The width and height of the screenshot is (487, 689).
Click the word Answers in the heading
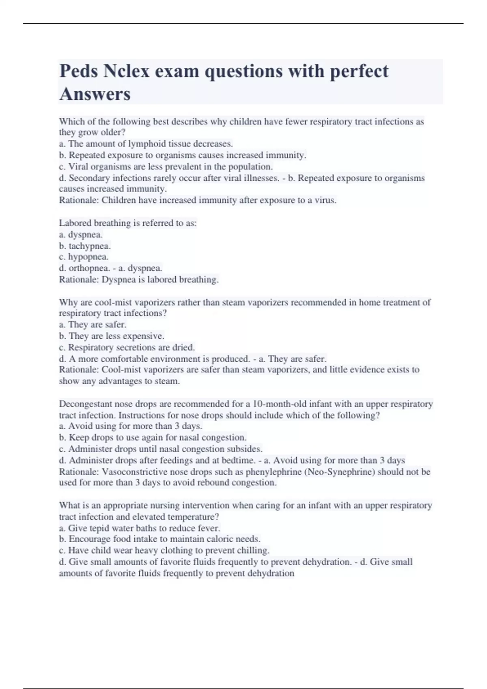point(95,94)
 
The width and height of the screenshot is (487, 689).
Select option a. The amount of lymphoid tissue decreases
point(146,143)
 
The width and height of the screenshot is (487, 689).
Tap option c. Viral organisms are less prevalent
point(166,167)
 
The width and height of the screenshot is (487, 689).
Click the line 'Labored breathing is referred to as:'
point(128,223)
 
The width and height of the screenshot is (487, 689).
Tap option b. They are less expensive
point(112,336)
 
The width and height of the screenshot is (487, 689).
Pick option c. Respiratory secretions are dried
point(127,347)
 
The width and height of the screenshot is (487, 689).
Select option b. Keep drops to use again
point(153,438)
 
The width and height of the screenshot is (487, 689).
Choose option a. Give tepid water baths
point(140,529)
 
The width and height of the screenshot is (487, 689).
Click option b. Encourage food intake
point(160,539)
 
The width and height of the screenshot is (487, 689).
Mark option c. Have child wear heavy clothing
point(164,550)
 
